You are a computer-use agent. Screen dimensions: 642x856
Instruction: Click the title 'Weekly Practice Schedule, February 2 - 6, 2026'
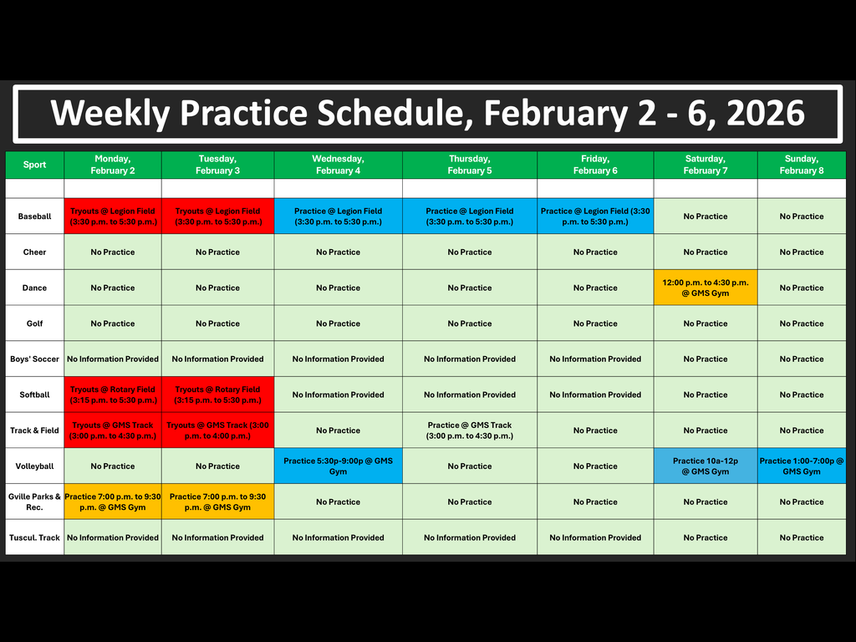tap(427, 114)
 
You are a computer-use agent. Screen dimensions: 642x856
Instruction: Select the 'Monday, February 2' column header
tap(113, 165)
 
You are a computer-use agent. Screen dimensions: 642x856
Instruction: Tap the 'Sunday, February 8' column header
tap(801, 165)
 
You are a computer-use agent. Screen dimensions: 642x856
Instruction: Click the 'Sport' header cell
tap(34, 165)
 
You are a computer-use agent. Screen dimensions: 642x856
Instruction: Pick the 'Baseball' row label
tap(34, 217)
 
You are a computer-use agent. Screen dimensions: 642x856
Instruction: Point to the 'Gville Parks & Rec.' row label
tap(34, 502)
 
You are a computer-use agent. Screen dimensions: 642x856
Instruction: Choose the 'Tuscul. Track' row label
tap(34, 538)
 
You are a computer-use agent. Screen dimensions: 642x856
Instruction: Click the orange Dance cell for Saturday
tap(706, 288)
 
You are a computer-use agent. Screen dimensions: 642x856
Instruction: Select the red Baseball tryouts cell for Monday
tap(113, 217)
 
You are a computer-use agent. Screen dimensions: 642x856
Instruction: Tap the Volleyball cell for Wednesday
tap(338, 466)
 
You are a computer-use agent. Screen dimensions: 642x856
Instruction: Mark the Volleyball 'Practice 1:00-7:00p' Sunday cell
tap(801, 466)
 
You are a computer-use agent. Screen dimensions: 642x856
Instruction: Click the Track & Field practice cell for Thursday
tap(469, 431)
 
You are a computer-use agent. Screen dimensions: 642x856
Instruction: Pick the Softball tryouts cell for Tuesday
tap(217, 395)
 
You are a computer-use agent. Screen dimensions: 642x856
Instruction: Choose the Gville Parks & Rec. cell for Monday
tap(113, 502)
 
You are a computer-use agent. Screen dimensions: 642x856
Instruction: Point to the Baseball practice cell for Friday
tap(595, 217)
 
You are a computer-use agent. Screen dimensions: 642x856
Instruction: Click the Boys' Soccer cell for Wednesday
tap(338, 359)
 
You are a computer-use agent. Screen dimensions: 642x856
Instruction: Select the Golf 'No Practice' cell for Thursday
tap(469, 324)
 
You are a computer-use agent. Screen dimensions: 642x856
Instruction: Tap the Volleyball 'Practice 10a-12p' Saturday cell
tap(706, 466)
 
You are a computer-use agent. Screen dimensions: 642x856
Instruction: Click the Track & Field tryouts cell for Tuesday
tap(217, 431)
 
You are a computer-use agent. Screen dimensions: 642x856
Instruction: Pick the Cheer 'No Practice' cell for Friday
tap(595, 252)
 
